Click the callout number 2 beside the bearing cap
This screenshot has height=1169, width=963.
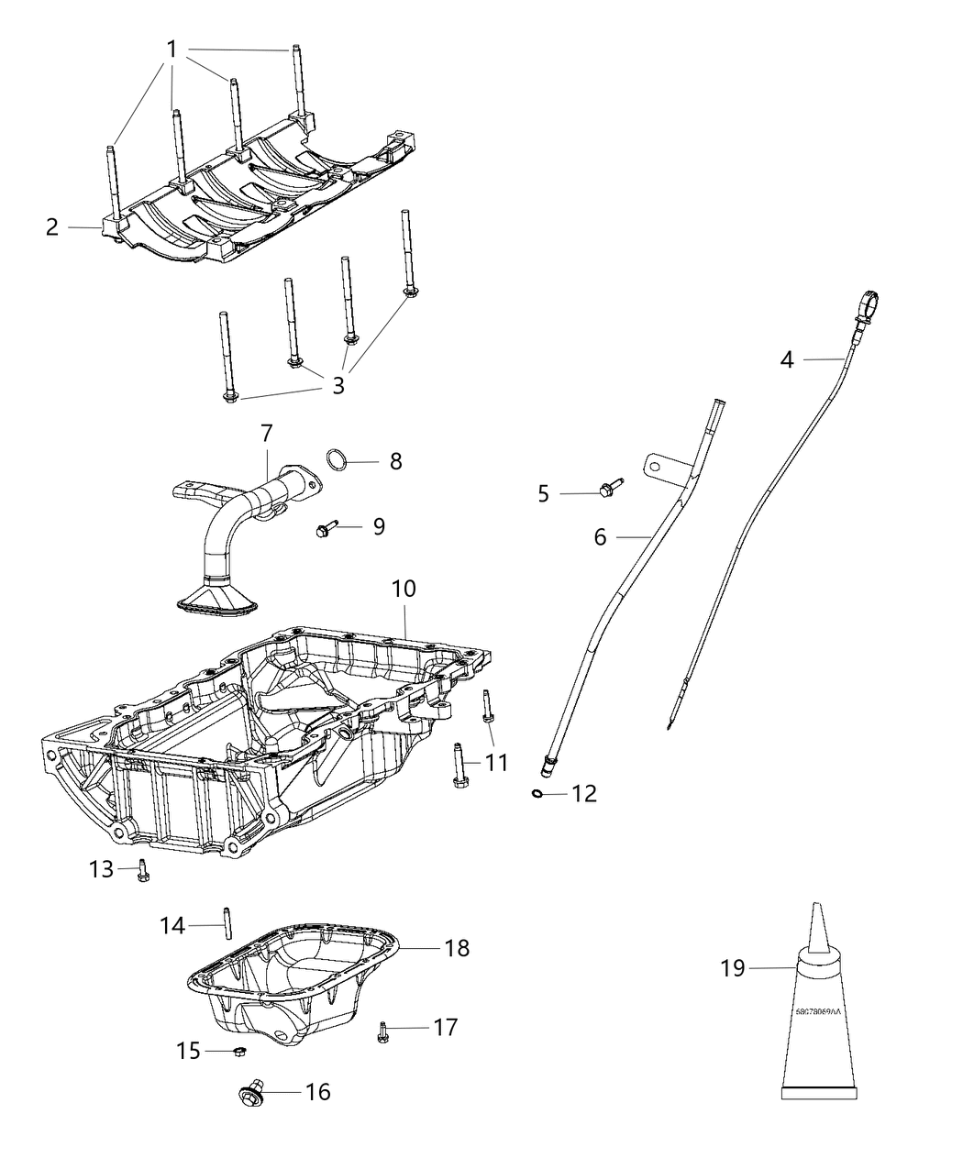click(52, 226)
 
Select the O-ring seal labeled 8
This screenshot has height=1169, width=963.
click(338, 460)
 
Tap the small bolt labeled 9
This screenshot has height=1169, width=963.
click(326, 529)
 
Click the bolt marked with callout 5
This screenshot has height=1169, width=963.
click(609, 490)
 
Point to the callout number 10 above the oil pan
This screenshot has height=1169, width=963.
click(404, 589)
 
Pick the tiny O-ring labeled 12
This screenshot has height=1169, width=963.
click(537, 793)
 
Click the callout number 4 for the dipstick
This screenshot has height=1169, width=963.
click(787, 359)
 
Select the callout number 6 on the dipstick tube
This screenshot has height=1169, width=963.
click(600, 536)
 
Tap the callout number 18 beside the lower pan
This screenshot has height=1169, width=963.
click(456, 947)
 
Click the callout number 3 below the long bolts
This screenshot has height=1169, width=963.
click(338, 385)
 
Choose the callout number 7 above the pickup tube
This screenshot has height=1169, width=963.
click(266, 432)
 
